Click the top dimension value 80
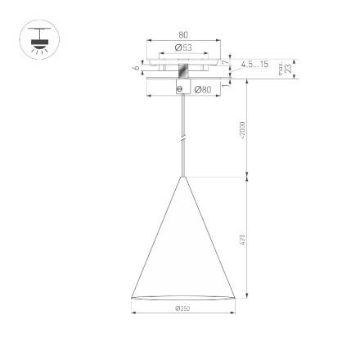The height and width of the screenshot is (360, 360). (x=182, y=35)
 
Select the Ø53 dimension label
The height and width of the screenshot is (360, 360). (x=182, y=48)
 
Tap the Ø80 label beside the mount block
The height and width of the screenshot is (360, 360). (x=203, y=88)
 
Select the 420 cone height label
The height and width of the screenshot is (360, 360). (x=242, y=239)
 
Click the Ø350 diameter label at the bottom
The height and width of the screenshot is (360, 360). (x=182, y=308)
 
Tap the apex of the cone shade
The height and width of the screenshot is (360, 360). (x=182, y=174)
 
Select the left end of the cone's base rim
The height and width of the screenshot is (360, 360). (x=132, y=296)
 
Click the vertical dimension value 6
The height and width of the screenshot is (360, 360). (x=135, y=69)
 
